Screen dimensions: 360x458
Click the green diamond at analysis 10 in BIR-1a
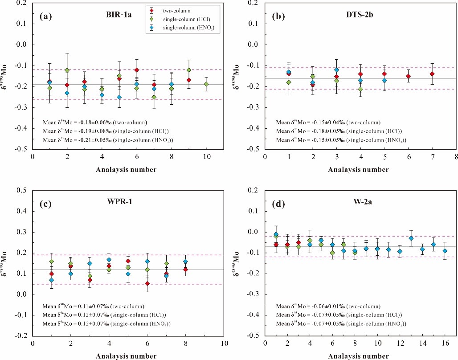[206, 84]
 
